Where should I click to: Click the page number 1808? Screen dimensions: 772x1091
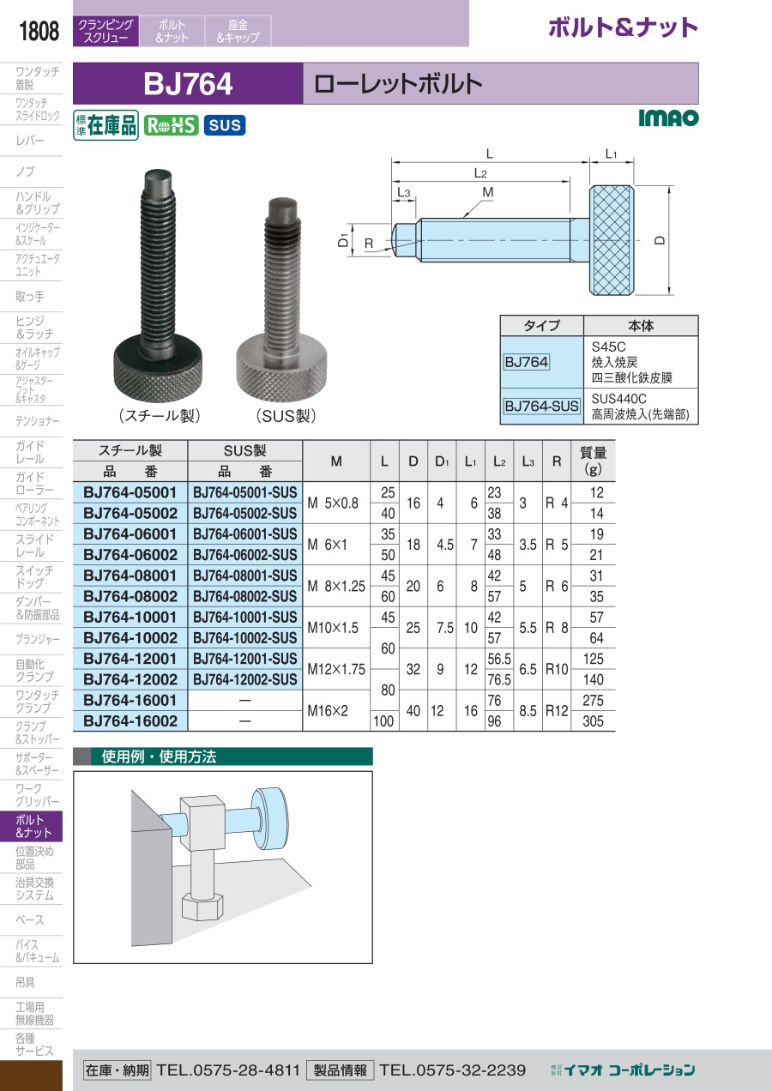coord(39,31)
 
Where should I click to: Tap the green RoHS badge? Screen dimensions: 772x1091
coord(171,125)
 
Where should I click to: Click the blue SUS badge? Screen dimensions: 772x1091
coord(225,125)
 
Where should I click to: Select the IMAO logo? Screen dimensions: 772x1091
coord(668,118)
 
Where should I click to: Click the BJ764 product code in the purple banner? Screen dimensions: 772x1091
coord(188,84)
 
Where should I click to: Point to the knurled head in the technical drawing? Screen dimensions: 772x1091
coord(612,240)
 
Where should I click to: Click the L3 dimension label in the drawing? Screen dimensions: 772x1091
coord(404,193)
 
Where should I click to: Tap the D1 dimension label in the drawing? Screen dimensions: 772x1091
coord(344,240)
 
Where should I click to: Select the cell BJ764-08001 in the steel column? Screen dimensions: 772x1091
coord(130,576)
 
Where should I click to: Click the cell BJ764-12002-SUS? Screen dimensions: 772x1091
coord(245,679)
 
